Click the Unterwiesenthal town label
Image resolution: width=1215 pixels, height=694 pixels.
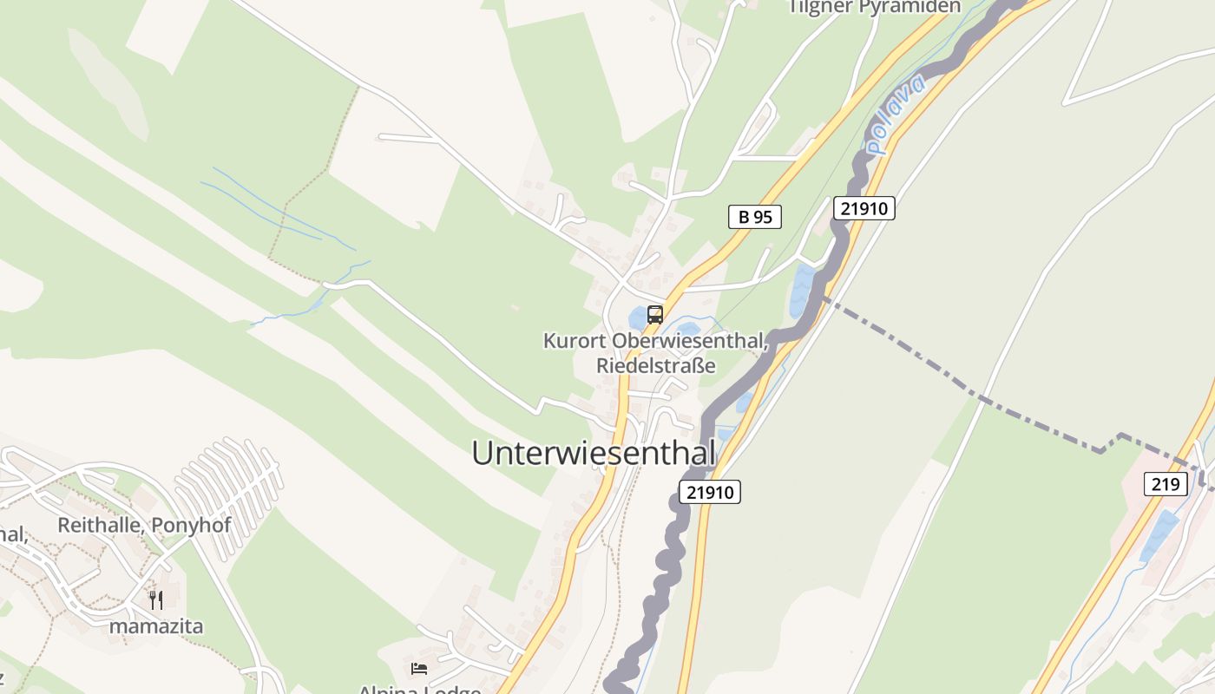point(594,453)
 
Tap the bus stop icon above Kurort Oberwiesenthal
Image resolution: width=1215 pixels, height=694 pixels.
point(655,315)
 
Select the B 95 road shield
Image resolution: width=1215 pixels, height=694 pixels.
point(754,217)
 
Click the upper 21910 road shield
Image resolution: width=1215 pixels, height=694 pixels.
point(864,208)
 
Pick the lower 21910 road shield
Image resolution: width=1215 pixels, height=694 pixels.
point(709,493)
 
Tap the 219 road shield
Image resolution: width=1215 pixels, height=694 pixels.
point(1165,483)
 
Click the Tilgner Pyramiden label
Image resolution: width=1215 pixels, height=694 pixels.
point(874,7)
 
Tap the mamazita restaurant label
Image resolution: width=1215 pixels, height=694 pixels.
point(156,625)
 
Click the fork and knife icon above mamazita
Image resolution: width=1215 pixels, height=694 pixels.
point(156,599)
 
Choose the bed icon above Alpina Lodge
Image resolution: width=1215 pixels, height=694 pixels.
point(419,668)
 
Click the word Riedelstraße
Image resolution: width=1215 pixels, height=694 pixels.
point(655,365)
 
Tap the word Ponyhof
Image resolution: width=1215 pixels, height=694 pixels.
point(182,525)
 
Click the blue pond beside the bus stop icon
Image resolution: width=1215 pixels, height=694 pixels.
point(637,318)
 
